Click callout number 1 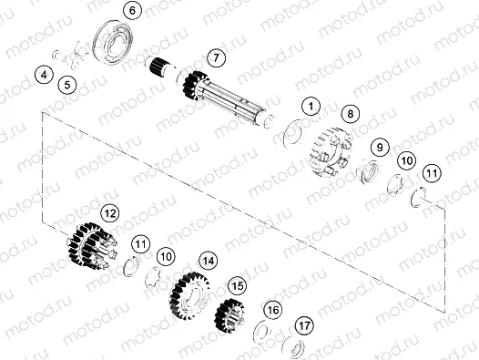point(311,108)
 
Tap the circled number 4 point(44,73)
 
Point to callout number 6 point(131,11)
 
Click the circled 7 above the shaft point(214,57)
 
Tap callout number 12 point(109,213)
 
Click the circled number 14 point(209,260)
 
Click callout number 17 point(304,324)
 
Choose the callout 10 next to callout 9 point(407,160)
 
